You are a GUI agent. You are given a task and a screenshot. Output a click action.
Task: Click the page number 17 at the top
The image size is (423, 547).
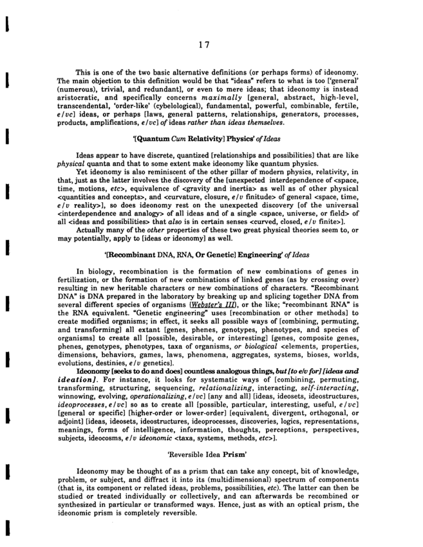coord(205,44)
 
